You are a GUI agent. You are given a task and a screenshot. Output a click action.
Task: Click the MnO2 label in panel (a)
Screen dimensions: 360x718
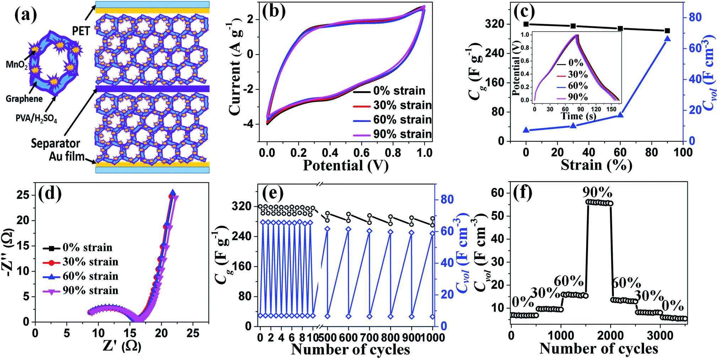16,65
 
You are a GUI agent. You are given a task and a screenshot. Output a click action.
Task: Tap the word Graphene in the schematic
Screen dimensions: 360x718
24,99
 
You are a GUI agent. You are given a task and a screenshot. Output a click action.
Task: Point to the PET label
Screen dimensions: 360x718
81,31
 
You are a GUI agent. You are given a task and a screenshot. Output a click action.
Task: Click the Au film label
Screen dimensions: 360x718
66,156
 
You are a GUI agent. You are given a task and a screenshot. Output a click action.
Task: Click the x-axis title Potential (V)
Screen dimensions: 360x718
345,166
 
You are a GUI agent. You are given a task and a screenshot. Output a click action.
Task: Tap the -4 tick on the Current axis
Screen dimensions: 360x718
249,124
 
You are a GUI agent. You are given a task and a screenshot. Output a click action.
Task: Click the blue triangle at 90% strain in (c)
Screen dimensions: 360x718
667,39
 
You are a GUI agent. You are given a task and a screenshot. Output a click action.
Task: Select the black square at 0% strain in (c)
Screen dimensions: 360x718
526,24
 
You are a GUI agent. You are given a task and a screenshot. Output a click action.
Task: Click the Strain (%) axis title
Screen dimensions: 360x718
596,165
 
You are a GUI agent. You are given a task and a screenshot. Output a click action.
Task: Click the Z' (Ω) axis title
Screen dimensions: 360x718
122,346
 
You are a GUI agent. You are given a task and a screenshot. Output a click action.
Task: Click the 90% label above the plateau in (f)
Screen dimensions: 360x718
597,193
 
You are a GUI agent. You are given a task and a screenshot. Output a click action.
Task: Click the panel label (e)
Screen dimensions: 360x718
273,193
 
